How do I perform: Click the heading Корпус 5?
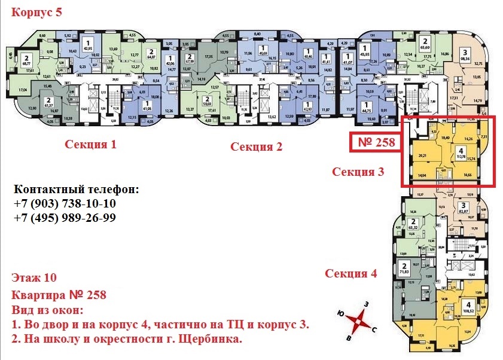36,12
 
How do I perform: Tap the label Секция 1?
91,144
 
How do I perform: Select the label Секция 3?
358,172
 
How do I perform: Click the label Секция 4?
351,274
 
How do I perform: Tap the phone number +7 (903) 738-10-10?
64,204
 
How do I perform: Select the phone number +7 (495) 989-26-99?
64,218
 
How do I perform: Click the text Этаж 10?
33,278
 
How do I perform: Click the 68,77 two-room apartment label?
27,63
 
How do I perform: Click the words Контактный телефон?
75,190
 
